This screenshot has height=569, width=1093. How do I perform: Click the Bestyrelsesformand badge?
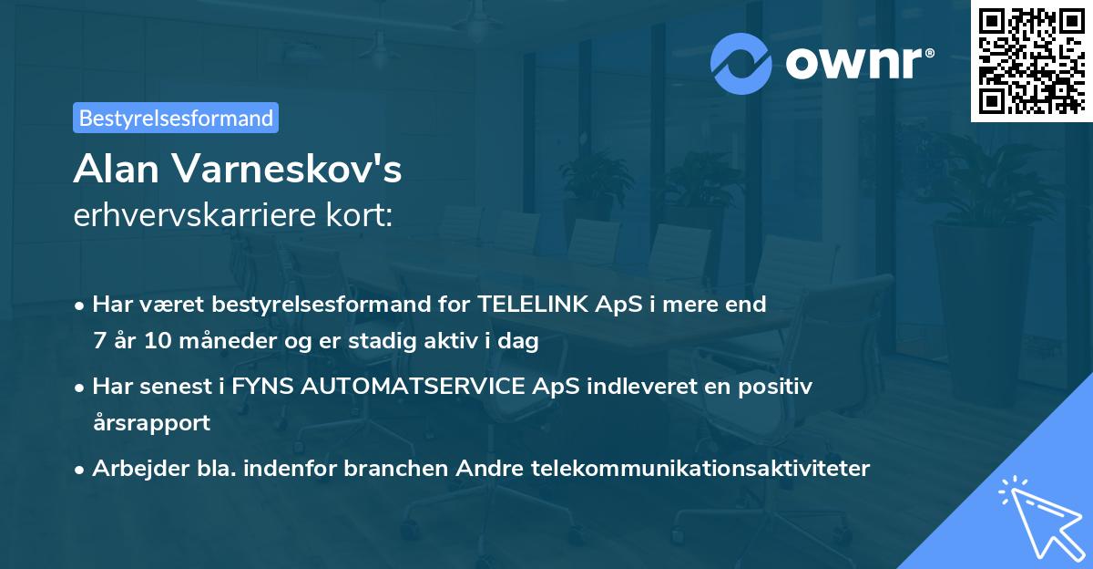[x=176, y=118]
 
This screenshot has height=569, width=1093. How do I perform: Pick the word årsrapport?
[x=151, y=423]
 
